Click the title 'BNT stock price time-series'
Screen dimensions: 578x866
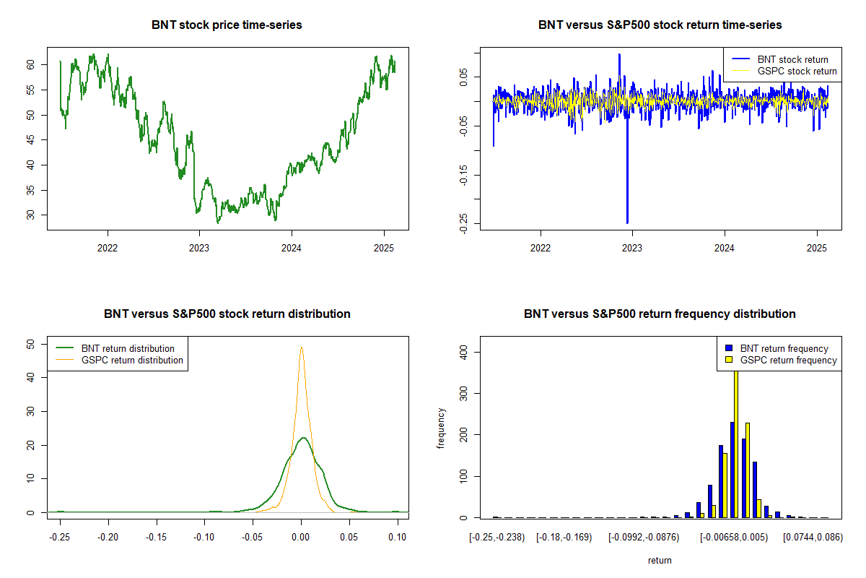tap(227, 25)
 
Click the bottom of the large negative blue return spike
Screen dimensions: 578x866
tap(627, 222)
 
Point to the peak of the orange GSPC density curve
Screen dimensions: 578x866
tap(302, 348)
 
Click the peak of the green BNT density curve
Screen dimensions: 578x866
tap(304, 438)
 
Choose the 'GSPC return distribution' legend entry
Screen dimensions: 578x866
tap(132, 360)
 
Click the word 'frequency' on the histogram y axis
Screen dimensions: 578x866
tap(441, 428)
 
